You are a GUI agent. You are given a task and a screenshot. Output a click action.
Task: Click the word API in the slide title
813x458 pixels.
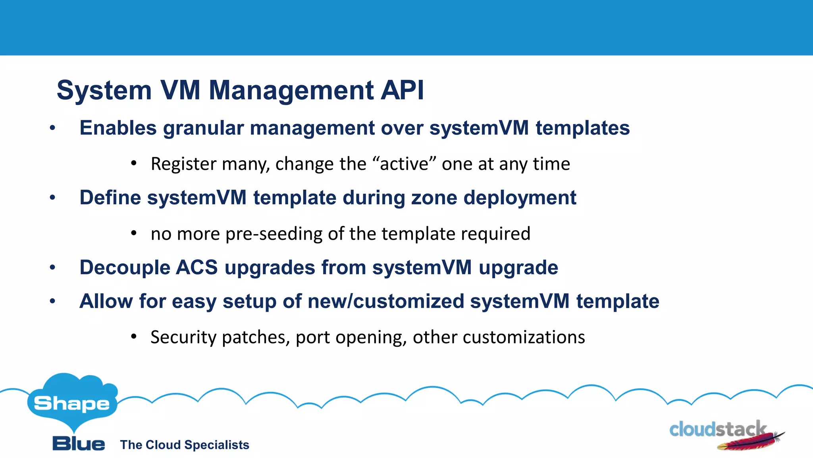coord(402,90)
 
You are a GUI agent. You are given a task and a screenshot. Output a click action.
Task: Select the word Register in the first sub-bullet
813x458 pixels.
coord(183,164)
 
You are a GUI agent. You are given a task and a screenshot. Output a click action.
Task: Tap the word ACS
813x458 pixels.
coord(197,267)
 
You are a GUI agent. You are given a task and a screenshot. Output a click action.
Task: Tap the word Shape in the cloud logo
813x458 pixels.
coord(71,404)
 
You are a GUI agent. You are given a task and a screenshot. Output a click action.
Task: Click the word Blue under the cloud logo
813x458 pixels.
coord(79,444)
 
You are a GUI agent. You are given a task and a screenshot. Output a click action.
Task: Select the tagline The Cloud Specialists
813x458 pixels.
coord(185,445)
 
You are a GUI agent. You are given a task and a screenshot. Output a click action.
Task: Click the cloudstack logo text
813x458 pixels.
coord(717,430)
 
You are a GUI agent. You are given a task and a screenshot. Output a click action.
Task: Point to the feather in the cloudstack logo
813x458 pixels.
coord(750,442)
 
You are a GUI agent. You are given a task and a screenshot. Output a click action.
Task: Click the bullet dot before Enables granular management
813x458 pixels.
coord(52,128)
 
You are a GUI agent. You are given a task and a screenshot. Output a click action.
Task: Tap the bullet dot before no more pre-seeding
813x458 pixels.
coord(134,233)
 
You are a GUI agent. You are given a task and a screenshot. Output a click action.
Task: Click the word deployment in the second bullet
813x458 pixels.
coord(520,198)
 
